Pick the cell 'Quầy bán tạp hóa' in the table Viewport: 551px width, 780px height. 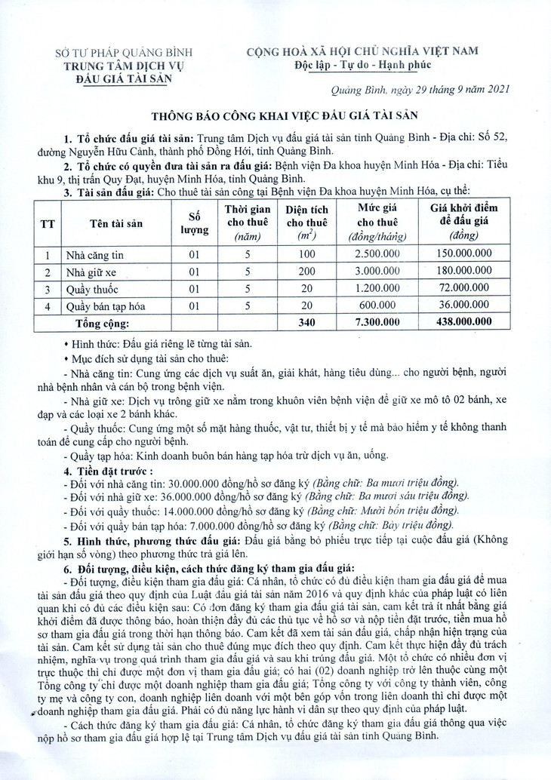pos(106,306)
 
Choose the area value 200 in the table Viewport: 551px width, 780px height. pos(306,272)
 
